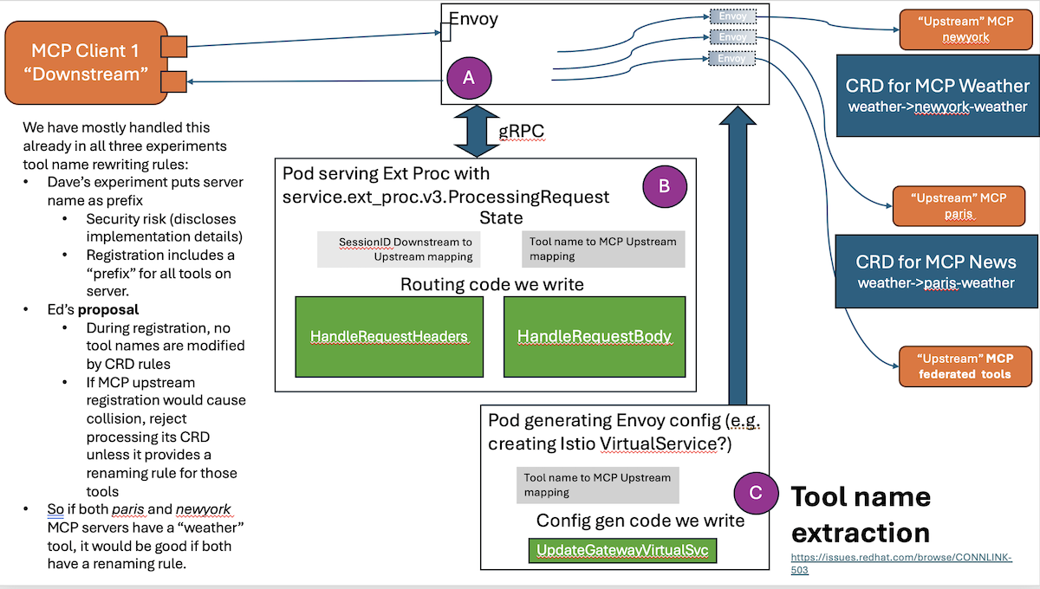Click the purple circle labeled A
[469, 77]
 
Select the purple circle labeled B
[663, 184]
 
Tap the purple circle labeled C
[755, 493]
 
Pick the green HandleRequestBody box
[595, 336]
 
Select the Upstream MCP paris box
[958, 205]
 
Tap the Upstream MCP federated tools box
[965, 365]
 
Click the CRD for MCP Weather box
[938, 95]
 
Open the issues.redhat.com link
[900, 563]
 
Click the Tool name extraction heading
[861, 514]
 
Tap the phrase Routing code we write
[491, 284]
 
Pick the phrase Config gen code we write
[640, 521]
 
